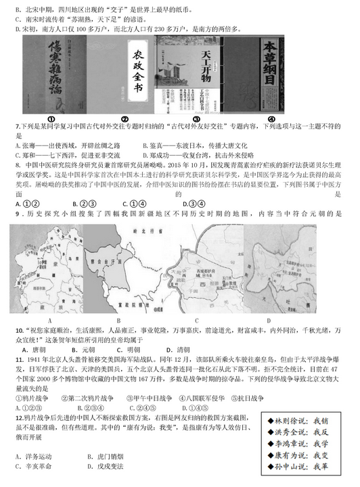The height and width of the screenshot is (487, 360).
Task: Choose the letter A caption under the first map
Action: pos(49,320)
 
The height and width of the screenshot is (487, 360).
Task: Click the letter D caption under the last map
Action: pos(268,320)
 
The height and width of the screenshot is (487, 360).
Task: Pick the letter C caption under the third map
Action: pos(196,320)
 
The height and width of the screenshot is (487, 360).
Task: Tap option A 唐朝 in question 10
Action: pos(32,350)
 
